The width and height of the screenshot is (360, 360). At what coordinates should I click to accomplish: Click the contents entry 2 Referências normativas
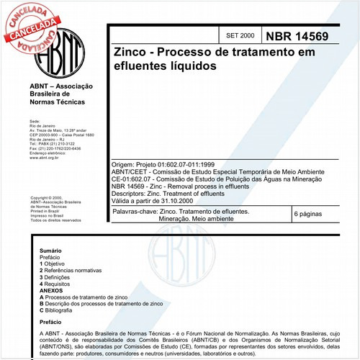click(76, 271)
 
